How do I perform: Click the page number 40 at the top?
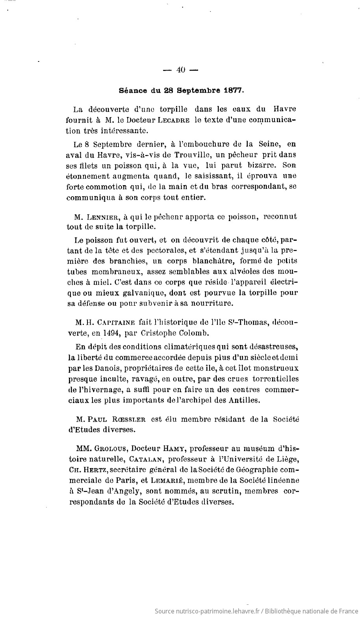(x=181, y=70)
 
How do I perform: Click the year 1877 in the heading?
(x=234, y=90)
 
